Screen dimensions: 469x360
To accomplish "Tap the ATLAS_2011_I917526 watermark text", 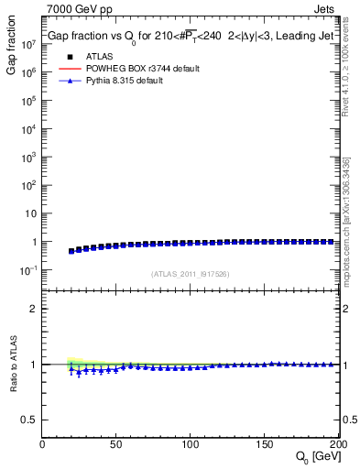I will click(x=191, y=273).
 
